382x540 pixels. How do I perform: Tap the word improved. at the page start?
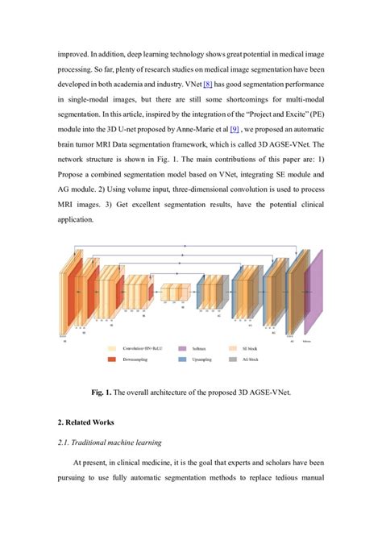[x=77, y=53]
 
